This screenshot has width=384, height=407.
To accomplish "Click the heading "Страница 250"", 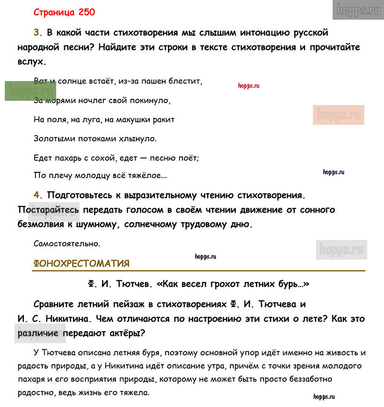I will coord(64,12).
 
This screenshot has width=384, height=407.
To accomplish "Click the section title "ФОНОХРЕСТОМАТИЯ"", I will coord(81,263).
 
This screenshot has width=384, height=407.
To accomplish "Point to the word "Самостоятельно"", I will coord(67,243).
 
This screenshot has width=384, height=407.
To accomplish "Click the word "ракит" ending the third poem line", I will coord(164,120).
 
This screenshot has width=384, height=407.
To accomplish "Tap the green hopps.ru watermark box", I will coord(30,91).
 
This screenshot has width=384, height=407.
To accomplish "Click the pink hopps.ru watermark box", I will coord(338,115).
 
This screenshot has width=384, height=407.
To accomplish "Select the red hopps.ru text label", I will coord(249,85).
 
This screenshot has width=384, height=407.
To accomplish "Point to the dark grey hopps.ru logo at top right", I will coord(358,10).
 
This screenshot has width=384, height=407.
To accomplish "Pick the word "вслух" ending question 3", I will coord(32,62).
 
